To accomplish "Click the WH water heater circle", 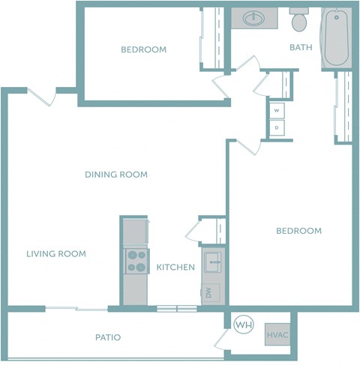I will pos(244,325).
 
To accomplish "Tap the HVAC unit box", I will pos(277,334).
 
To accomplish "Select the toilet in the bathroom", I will pos(300,21).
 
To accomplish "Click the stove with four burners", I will pos(136,261).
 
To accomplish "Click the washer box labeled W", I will pos(277,111).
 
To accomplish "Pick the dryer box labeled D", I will pos(277,128).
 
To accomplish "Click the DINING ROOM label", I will pos(115,175).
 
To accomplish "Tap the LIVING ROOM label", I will pos(56,254).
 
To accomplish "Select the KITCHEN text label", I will pos(175,268).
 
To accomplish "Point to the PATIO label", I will pos(108,337).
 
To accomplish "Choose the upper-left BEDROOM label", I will pos(143,50).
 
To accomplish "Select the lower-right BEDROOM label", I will pos(298,231).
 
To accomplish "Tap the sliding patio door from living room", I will pos(76,308).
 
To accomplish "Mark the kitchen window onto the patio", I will pos(176,308).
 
